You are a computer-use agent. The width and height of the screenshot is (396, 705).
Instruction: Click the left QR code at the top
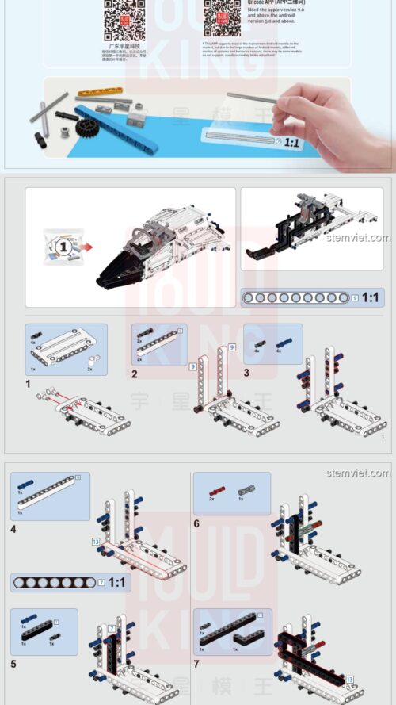tap(124, 19)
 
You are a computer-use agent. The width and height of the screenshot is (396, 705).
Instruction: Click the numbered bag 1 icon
tap(64, 247)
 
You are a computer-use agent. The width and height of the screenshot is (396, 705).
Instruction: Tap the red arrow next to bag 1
tap(86, 247)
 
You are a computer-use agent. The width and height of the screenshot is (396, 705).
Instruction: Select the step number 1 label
tap(28, 384)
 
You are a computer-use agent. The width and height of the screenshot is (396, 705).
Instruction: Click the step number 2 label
tap(135, 374)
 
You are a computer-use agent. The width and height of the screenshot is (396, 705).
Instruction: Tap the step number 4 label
tap(13, 528)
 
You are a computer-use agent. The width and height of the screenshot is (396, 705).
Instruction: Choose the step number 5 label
tap(13, 662)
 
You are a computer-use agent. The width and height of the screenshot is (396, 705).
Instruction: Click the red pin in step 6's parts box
tap(213, 490)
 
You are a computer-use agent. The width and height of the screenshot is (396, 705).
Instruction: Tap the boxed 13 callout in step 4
tap(96, 541)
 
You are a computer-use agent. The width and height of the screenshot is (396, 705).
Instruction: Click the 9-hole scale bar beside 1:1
tap(296, 297)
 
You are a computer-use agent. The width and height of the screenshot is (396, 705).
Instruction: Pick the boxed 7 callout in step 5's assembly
tap(112, 628)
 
